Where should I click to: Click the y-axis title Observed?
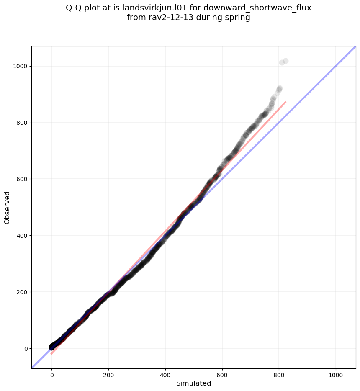(7, 207)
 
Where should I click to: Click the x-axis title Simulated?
(193, 383)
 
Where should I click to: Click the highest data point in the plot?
(285, 61)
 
